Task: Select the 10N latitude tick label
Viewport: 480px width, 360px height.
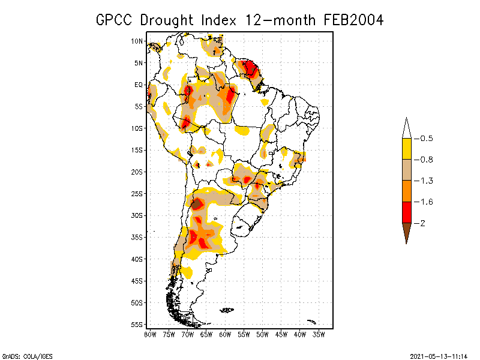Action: click(x=137, y=41)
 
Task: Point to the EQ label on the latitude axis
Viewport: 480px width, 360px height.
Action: click(x=138, y=85)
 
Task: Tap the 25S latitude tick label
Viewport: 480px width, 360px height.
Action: click(x=137, y=194)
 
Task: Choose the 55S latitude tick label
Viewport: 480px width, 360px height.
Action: click(x=137, y=325)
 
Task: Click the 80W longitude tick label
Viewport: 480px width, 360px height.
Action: click(x=150, y=334)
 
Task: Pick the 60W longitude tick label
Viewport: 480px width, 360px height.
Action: click(x=225, y=334)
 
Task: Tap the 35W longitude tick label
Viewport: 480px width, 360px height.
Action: click(x=319, y=334)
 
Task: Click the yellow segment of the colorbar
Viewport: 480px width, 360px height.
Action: click(x=406, y=149)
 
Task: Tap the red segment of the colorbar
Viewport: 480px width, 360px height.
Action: click(x=406, y=212)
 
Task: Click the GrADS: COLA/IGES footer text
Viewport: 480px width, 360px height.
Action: click(x=20, y=356)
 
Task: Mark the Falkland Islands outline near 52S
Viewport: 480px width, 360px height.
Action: click(x=227, y=310)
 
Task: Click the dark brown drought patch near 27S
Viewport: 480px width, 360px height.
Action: click(x=197, y=204)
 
